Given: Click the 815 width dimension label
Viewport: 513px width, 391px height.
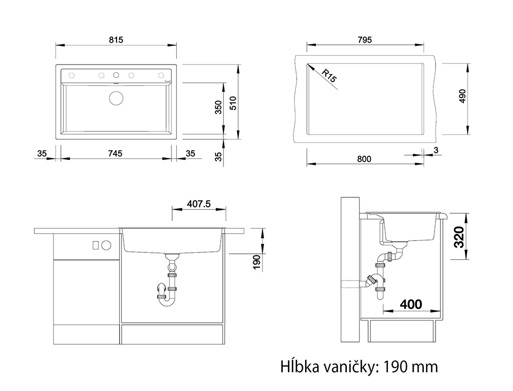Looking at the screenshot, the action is coord(116,40).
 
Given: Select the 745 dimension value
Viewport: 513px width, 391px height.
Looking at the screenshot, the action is coord(115,153).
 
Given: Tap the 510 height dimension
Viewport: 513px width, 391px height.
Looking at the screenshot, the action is coord(233,103).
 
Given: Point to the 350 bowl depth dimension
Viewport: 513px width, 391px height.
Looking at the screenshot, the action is coord(219,107).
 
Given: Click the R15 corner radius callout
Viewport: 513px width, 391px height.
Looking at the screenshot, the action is coord(329,76).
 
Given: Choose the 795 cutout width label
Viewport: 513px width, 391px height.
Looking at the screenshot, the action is coord(365,40).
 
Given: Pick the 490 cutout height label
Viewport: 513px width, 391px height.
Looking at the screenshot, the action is coord(462,96).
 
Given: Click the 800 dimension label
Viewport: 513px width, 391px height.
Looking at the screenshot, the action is coord(364,159).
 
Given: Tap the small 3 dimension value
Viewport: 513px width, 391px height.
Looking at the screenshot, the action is coord(436,150).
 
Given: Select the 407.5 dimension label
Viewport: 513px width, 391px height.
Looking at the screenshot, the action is coord(199,204).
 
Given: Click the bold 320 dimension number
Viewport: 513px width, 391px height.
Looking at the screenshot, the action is coord(459,237).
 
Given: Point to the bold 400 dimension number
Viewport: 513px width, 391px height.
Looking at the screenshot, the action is coord(411,305).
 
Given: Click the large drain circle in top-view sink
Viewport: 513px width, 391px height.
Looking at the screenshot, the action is coord(116,98).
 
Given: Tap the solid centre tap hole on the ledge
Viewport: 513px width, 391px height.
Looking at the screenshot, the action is coord(116,75).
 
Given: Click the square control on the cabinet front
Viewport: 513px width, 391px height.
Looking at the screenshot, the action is coord(96,245).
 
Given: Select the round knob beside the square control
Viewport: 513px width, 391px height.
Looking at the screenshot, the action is coord(106,245).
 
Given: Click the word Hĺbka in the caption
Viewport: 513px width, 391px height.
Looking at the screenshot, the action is coord(299,366).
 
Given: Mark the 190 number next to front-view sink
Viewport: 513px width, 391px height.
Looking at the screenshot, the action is coord(257,262).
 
